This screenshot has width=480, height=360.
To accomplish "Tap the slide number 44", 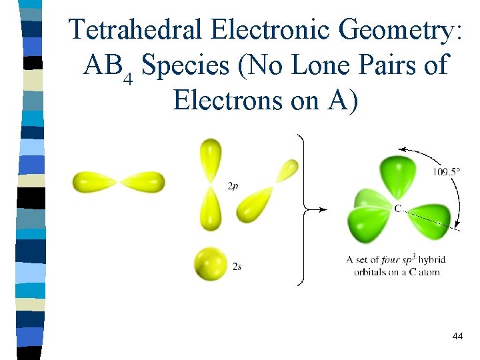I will (457, 337).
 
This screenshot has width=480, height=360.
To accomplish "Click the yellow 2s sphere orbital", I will (210, 264).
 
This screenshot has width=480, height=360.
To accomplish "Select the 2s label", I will (237, 267).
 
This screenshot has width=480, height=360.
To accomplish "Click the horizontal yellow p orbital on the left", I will (119, 181).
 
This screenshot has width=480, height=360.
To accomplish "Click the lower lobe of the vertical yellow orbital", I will (211, 208).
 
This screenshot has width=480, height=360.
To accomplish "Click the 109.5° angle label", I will (446, 171).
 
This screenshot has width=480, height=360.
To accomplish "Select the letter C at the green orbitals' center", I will (397, 209).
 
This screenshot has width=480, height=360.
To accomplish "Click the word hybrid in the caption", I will (433, 259).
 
